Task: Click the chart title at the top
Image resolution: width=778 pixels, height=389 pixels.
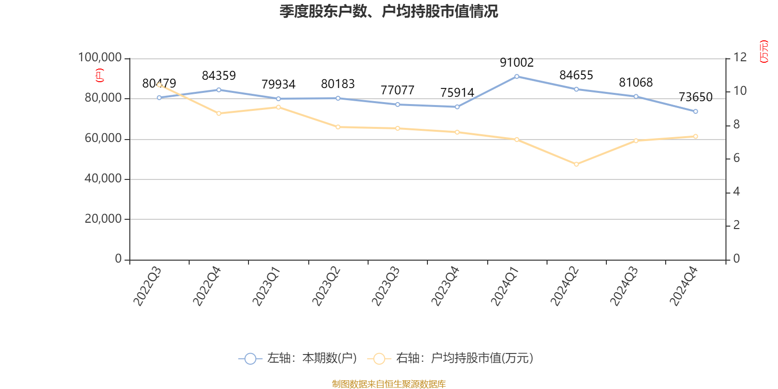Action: point(389,12)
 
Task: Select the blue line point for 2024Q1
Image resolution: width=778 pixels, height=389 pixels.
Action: point(516,76)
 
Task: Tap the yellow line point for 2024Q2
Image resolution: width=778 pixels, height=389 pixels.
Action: point(576,164)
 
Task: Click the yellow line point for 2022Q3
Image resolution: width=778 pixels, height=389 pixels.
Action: point(159,85)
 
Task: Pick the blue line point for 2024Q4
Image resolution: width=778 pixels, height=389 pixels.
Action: point(695,111)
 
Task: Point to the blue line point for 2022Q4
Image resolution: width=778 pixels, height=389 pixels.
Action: point(219,89)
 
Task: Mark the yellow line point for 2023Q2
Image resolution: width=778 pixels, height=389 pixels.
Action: point(338,127)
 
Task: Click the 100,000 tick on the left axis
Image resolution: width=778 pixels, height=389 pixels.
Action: point(100,58)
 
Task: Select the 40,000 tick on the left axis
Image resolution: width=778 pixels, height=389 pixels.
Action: point(103,179)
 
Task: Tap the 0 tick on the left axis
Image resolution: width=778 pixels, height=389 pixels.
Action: point(118,259)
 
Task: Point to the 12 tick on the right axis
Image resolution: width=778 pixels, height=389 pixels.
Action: point(740,57)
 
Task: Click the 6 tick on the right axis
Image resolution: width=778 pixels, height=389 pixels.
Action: point(737,158)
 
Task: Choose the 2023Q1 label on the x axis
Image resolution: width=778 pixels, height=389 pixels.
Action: point(267,286)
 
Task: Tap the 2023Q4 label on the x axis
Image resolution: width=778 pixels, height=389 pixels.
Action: point(445,286)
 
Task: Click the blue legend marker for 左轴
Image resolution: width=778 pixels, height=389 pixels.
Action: point(250,359)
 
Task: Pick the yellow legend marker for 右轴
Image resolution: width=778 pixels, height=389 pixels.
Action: point(379,359)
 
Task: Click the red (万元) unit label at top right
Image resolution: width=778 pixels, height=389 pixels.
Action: point(764,52)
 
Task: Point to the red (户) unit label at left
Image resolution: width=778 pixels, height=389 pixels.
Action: point(100,75)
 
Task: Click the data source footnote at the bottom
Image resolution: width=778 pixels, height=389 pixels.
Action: point(389,384)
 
